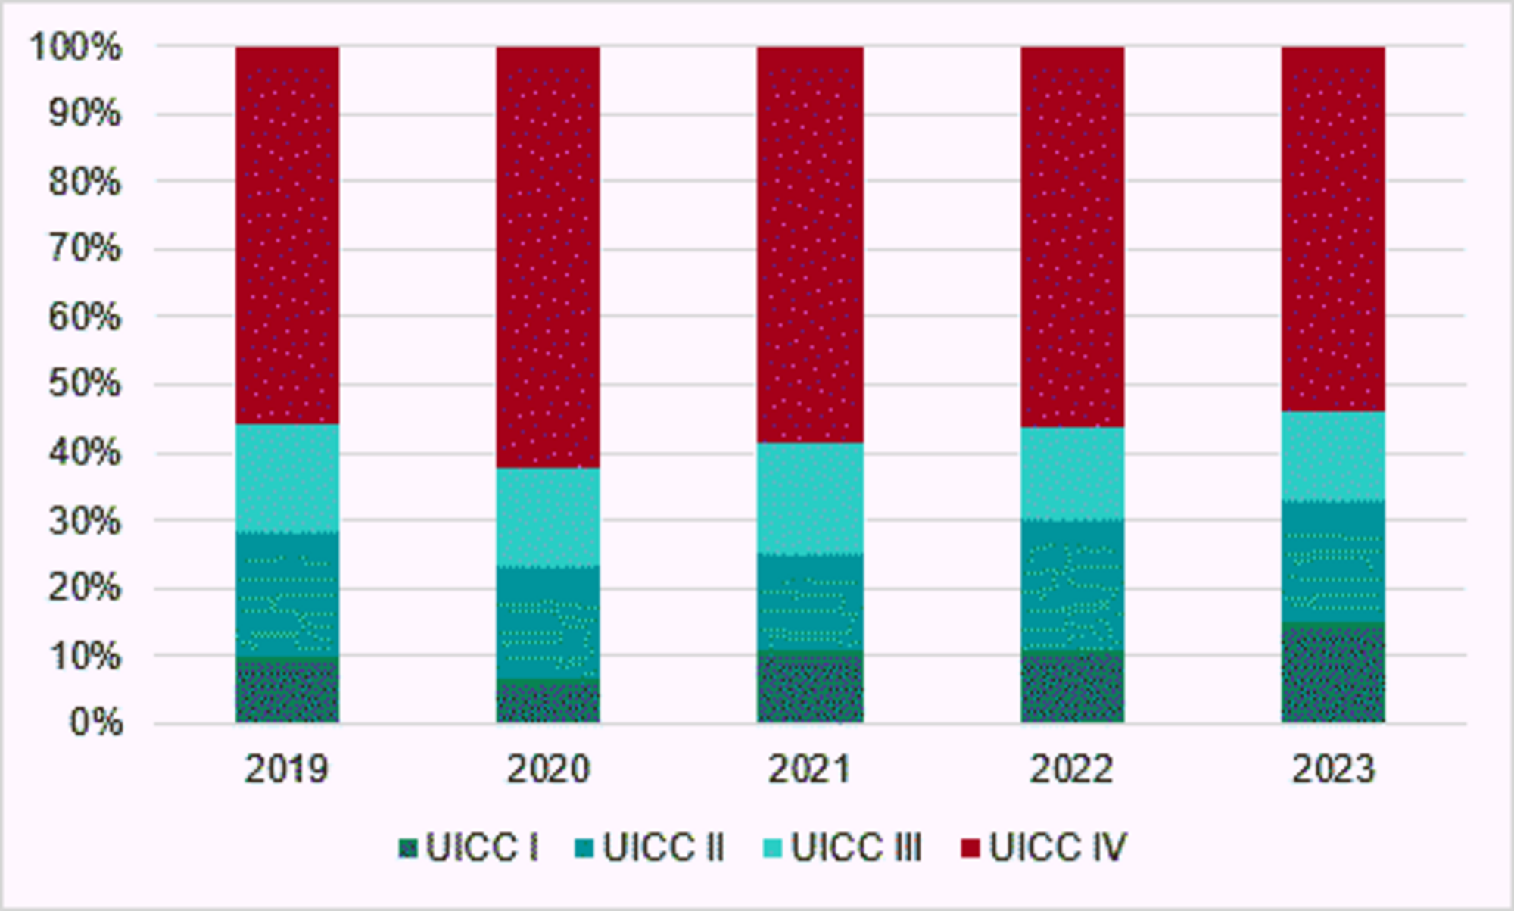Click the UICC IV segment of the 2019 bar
tap(287, 235)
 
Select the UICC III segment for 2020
tap(548, 516)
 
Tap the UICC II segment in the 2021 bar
tap(810, 602)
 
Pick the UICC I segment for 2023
tap(1333, 672)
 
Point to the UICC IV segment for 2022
tap(1072, 236)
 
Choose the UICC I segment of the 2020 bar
tap(548, 701)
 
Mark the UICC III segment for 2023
tap(1333, 456)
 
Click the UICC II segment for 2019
tap(287, 594)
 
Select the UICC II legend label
tap(663, 847)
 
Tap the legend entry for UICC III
tap(856, 847)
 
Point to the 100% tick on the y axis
tap(76, 47)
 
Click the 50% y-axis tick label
tap(84, 384)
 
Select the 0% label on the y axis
tap(95, 722)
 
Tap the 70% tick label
tap(84, 248)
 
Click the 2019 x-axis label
tap(287, 769)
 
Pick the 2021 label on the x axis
tap(810, 769)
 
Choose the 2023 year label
tap(1333, 769)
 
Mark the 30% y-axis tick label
tap(84, 521)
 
